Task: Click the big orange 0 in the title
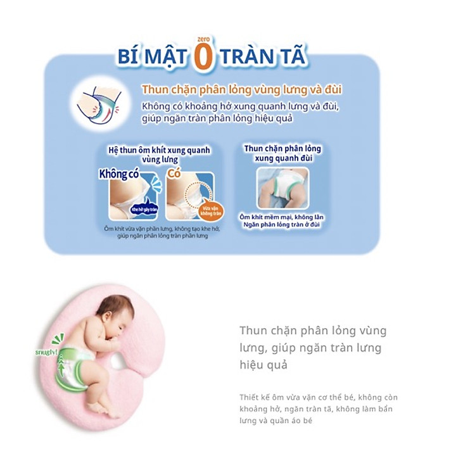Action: tap(205, 57)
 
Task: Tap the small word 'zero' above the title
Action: tap(205, 37)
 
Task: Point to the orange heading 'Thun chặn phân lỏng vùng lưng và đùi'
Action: tap(241, 90)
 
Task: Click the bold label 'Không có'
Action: tap(118, 174)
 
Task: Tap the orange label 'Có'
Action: tap(173, 175)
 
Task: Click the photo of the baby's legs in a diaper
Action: tap(282, 188)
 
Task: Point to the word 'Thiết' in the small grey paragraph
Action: tap(250, 398)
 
